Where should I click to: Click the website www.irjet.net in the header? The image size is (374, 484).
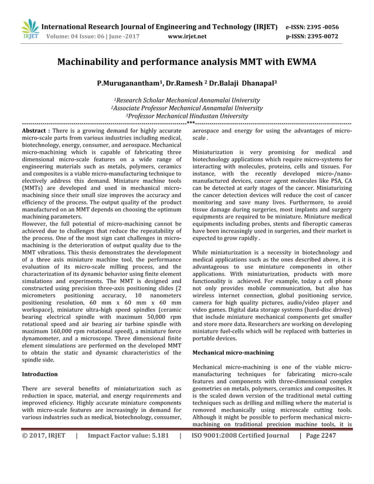pyautogui.click(x=187, y=36)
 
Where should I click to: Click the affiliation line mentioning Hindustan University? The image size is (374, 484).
pyautogui.click(x=187, y=116)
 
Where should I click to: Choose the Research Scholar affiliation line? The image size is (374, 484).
pyautogui.click(x=187, y=100)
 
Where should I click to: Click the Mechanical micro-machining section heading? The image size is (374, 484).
pyautogui.click(x=233, y=352)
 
